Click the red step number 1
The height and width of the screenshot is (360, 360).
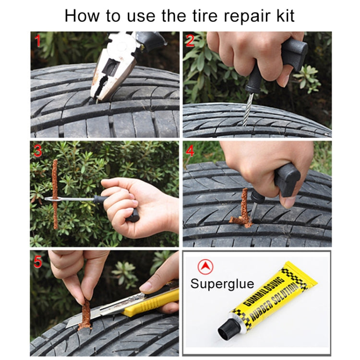pyautogui.click(x=38, y=41)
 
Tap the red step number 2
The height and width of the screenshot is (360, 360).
pyautogui.click(x=190, y=41)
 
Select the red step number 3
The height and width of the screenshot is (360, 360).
pyautogui.click(x=37, y=151)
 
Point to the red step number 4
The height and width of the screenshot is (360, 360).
pyautogui.click(x=190, y=151)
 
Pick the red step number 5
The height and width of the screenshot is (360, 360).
pyautogui.click(x=38, y=262)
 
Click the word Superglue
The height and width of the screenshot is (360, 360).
pyautogui.click(x=222, y=284)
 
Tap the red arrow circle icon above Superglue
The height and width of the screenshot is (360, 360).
pyautogui.click(x=205, y=267)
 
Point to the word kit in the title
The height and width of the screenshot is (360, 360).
pyautogui.click(x=286, y=16)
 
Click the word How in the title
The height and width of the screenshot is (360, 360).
pyautogui.click(x=82, y=16)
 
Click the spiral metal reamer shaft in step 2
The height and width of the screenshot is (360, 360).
pyautogui.click(x=248, y=109)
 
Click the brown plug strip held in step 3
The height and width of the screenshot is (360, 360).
pyautogui.click(x=55, y=194)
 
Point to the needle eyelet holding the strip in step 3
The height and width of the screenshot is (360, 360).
pyautogui.click(x=53, y=199)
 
